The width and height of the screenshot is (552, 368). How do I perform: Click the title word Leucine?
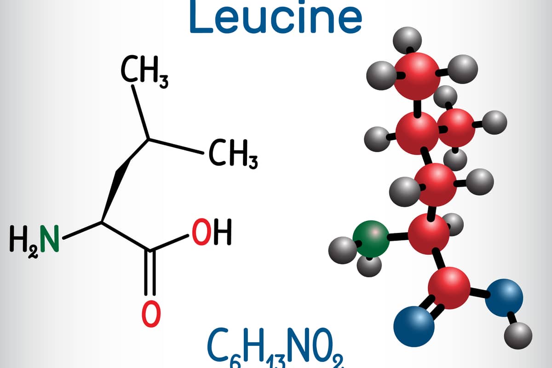[276, 16]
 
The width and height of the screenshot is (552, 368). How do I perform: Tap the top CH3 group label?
[144, 72]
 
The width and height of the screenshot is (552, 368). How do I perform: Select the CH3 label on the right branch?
[233, 154]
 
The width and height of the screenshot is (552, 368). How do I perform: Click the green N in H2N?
[50, 238]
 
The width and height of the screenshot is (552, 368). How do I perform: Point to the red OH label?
[212, 232]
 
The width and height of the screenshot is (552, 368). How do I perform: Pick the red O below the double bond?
[151, 314]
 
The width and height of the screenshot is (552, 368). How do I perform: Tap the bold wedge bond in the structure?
[125, 180]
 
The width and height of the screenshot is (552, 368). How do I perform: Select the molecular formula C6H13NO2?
[275, 348]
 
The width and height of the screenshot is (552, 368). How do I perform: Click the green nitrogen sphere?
[371, 239]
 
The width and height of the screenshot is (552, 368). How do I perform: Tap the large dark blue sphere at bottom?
[414, 327]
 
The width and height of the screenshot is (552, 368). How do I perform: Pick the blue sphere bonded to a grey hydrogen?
[504, 298]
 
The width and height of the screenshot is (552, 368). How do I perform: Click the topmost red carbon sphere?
[417, 76]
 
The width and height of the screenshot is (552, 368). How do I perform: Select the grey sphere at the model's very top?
[407, 40]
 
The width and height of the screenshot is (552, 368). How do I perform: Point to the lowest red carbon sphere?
[449, 288]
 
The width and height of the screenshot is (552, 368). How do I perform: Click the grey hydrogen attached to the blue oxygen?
[518, 336]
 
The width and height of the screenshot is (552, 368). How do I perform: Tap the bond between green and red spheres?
[398, 237]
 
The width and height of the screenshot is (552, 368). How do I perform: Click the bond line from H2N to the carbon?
[82, 230]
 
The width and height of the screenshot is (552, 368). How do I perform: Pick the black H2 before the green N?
[24, 241]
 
